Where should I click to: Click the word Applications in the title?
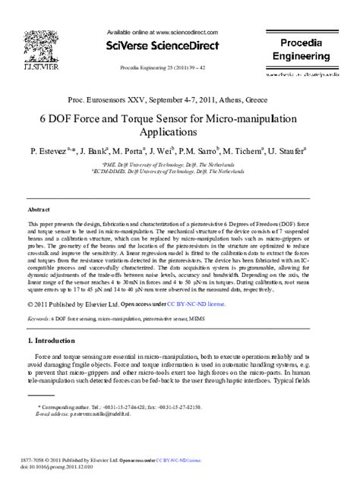(179, 134)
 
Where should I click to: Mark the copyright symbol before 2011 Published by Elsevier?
(30, 303)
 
